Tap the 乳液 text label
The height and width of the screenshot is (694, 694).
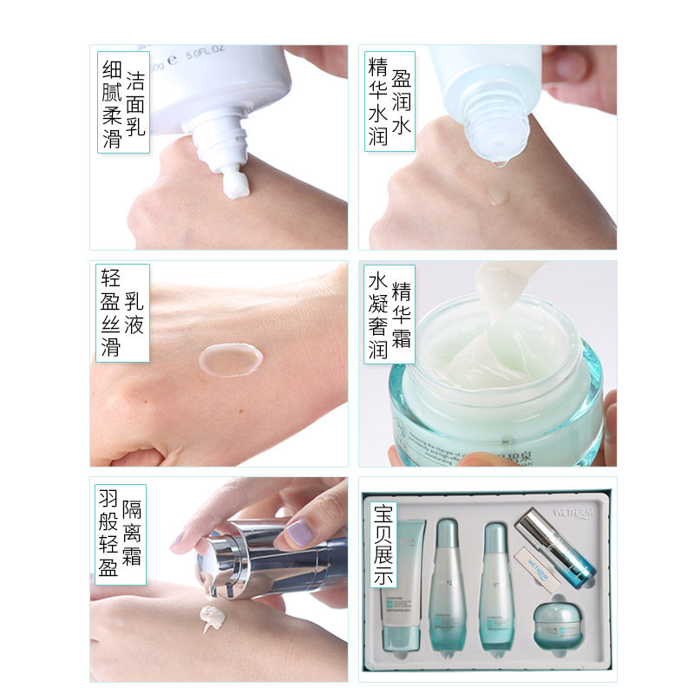coord(134,314)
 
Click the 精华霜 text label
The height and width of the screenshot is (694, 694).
coord(401,314)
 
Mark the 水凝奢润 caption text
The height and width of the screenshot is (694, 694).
coord(377,314)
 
